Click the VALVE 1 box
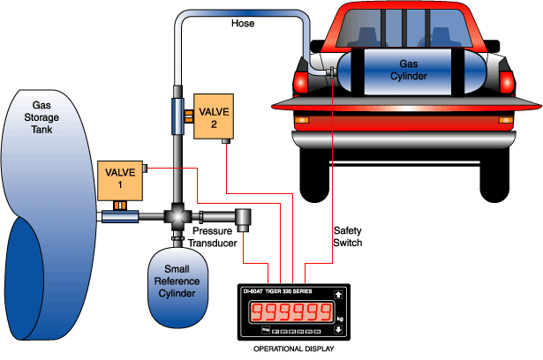click(117, 180)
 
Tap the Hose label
click(242, 24)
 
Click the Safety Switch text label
click(347, 236)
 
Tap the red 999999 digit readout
click(287, 312)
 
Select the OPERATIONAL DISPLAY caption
click(293, 351)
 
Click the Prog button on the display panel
click(265, 330)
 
